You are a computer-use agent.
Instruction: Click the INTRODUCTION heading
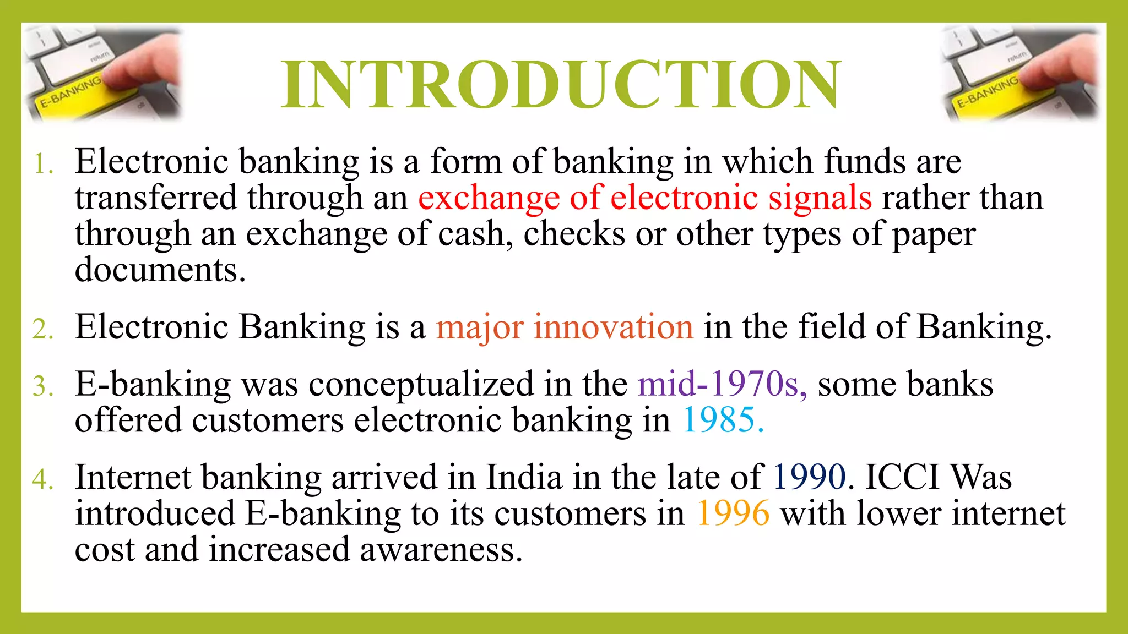[x=561, y=85]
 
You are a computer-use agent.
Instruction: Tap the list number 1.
[x=44, y=164]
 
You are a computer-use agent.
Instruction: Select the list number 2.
[x=43, y=330]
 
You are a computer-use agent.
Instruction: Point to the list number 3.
[x=43, y=386]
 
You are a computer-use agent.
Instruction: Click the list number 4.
[x=43, y=479]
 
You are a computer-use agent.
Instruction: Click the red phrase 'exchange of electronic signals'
[x=644, y=198]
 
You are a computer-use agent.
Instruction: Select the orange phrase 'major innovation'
[x=564, y=327]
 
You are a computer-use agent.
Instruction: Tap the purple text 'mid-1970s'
[x=722, y=384]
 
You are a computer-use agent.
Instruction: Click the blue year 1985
[x=723, y=421]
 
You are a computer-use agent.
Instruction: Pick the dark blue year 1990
[x=809, y=477]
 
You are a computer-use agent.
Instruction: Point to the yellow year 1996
[x=733, y=513]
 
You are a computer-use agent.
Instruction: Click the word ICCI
[x=902, y=477]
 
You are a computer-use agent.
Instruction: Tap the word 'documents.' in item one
[x=160, y=271]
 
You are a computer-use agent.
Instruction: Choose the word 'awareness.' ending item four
[x=441, y=550]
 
